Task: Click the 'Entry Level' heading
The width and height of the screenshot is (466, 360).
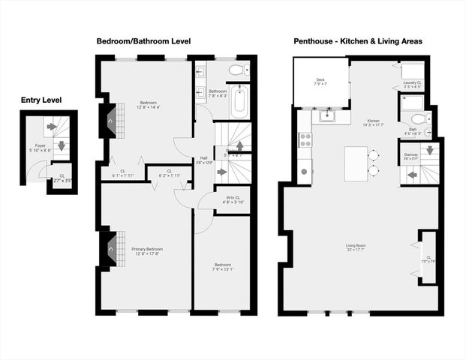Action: (x=41, y=100)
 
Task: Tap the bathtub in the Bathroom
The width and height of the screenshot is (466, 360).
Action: (x=239, y=101)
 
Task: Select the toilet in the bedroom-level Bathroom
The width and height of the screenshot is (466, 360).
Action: (x=236, y=70)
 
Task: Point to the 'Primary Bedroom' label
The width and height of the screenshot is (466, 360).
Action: (x=147, y=249)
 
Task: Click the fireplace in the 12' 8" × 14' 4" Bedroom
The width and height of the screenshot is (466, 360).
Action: (x=110, y=119)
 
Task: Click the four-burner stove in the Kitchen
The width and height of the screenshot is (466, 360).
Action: (x=305, y=139)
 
